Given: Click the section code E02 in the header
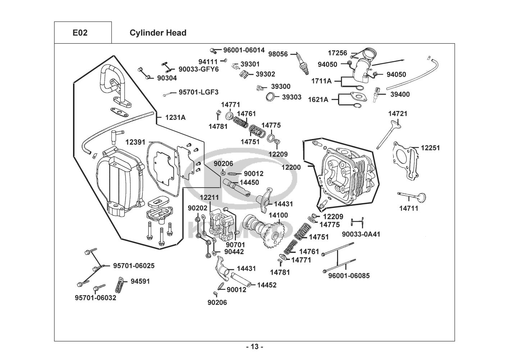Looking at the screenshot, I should (x=80, y=33).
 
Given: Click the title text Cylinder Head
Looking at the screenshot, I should (x=158, y=33).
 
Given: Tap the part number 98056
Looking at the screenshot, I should (x=278, y=54).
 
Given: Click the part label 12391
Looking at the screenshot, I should (x=136, y=142).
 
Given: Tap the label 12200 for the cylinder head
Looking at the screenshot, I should (x=291, y=167).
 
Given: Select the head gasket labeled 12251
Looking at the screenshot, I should (x=406, y=158).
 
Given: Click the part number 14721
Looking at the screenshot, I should (x=398, y=114).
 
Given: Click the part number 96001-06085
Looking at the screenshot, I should (x=349, y=276).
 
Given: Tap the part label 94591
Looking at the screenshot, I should (x=140, y=281).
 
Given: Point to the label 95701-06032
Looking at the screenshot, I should (x=96, y=298).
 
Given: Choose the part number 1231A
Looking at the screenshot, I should (x=176, y=117).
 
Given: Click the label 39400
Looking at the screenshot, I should (x=400, y=94).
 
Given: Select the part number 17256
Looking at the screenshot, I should (x=337, y=53).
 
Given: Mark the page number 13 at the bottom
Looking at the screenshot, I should (x=254, y=347).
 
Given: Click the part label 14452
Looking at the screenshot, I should (x=267, y=285).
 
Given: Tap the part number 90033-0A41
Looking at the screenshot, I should (x=361, y=234).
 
